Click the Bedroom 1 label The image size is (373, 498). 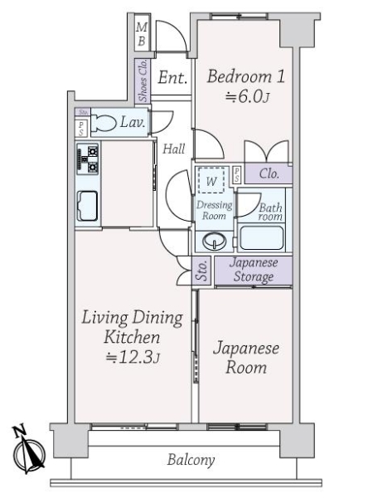245,77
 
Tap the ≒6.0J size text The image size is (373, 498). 245,98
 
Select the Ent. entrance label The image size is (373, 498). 172,79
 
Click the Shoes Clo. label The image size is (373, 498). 142,79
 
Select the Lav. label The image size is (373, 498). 133,124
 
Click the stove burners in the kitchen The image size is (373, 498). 88,159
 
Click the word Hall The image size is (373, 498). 173,149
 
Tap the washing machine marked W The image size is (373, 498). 212,181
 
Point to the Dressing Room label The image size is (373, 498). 213,210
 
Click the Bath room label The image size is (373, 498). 270,212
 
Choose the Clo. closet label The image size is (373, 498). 268,174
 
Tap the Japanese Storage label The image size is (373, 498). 253,271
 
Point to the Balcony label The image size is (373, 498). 191,460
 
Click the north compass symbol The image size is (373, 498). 28,452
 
